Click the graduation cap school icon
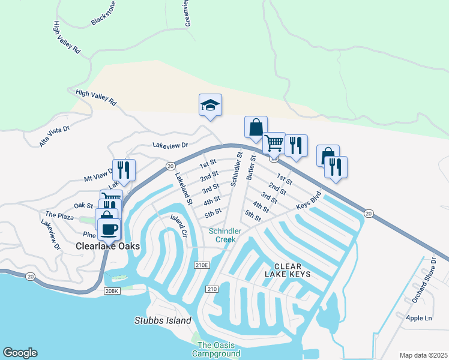[x=210, y=106]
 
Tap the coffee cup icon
[x=109, y=229]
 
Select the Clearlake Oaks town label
[x=108, y=247]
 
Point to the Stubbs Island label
[x=163, y=320]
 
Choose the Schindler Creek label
[x=226, y=235]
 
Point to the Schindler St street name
[x=235, y=169]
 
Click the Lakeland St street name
[x=183, y=190]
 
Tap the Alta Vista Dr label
[x=55, y=136]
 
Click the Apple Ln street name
[x=419, y=317]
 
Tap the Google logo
[x=20, y=353]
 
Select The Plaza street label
[x=59, y=214]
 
